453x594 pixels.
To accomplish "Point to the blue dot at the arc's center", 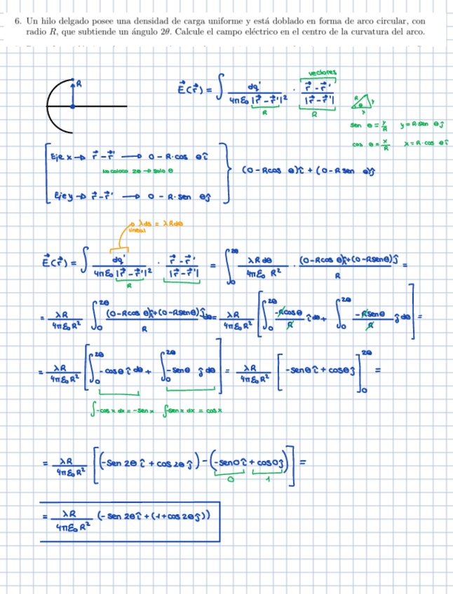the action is pyautogui.click(x=72, y=106).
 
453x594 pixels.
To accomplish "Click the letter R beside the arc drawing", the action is pyautogui.click(x=79, y=83).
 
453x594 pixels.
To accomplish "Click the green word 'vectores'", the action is pyautogui.click(x=322, y=71).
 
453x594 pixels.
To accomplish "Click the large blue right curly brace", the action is pyautogui.click(x=228, y=172).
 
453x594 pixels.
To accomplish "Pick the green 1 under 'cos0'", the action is pyautogui.click(x=268, y=481).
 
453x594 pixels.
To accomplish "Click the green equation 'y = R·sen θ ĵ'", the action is pyautogui.click(x=424, y=125).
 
